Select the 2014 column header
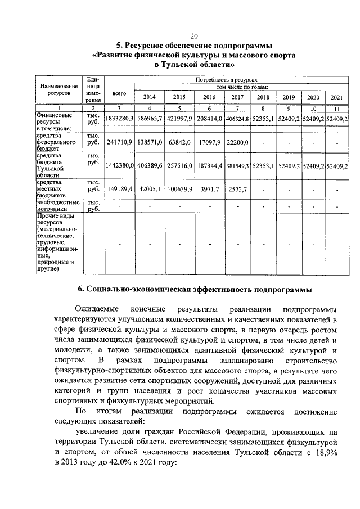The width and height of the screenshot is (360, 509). (x=149, y=97)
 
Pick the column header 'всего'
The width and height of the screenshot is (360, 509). (x=119, y=92)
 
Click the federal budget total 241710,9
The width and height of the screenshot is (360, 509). (x=119, y=143)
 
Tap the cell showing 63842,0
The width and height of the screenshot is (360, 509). (x=179, y=143)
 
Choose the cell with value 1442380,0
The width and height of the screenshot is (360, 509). (x=119, y=166)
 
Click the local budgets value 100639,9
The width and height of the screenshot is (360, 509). (x=179, y=190)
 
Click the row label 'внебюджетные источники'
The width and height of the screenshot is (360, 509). (x=56, y=205)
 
